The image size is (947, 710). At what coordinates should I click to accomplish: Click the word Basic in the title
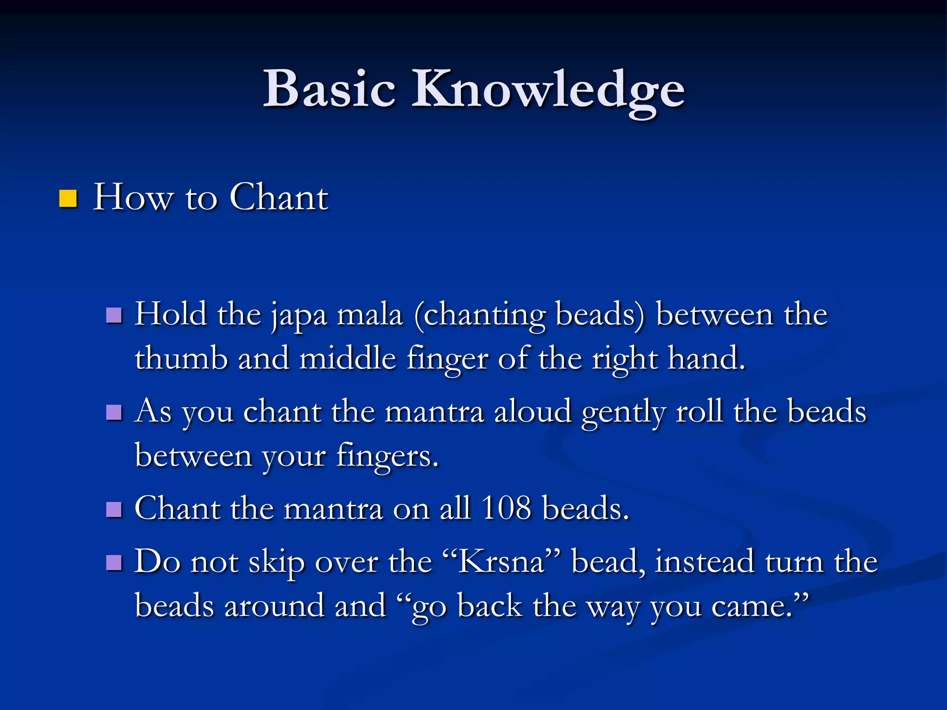[x=329, y=89]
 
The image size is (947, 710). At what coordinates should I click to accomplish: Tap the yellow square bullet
[x=68, y=198]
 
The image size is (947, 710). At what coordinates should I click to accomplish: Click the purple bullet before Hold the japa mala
[x=114, y=316]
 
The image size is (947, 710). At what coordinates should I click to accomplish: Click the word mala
[x=370, y=314]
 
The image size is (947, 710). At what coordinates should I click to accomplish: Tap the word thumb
[x=181, y=358]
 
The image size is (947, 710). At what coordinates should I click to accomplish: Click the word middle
[x=348, y=358]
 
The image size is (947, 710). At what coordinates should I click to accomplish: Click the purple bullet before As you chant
[x=114, y=412]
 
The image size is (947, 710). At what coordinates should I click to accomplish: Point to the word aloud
[x=533, y=411]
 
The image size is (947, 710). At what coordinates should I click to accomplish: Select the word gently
[x=624, y=412]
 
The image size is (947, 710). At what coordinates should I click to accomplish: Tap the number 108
[x=506, y=508]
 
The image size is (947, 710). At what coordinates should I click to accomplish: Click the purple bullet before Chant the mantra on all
[x=114, y=510]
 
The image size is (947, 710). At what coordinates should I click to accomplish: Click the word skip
[x=277, y=563]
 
